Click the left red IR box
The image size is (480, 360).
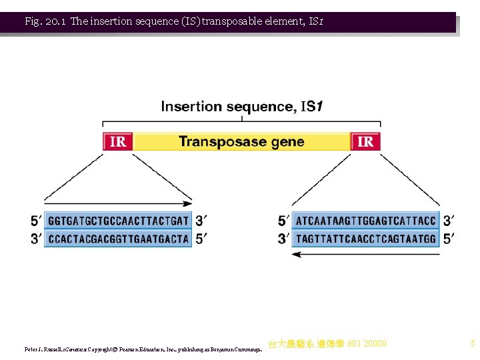[x=117, y=141]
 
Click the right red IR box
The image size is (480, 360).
[x=365, y=141]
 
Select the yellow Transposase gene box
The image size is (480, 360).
[x=241, y=141]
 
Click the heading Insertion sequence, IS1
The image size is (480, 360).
[x=241, y=106]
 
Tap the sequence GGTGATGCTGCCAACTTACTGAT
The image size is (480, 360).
[x=118, y=221]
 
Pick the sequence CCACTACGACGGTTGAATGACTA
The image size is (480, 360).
[x=118, y=238]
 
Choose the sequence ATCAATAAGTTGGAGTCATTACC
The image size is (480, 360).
[x=366, y=221]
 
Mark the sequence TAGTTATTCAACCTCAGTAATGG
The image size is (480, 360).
[x=366, y=238]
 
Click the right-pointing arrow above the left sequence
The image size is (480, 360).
[x=118, y=201]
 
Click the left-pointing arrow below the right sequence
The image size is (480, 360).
[x=366, y=254]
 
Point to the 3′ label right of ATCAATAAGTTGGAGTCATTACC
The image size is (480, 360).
[x=449, y=221]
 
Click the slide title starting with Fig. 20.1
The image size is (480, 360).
[x=174, y=21]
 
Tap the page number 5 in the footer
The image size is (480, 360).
[x=472, y=344]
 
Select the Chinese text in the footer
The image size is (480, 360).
[x=327, y=344]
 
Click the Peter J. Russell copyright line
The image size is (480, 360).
[x=143, y=349]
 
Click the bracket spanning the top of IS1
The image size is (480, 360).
[x=241, y=122]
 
